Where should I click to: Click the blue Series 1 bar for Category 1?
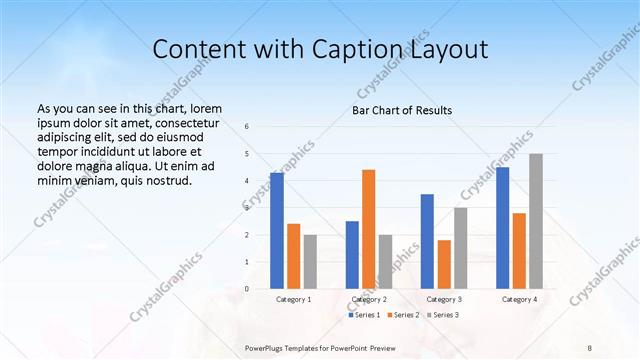[x=277, y=231]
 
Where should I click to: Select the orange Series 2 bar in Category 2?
[x=369, y=229]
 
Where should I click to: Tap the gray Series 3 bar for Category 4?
[x=536, y=221]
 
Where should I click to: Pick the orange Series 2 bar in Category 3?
[x=444, y=264]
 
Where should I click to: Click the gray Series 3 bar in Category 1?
[x=310, y=262]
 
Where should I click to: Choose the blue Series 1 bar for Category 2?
[x=352, y=255]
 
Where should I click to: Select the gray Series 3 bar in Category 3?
[x=461, y=248]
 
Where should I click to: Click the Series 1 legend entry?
[x=364, y=315]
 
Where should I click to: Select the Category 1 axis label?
[x=293, y=299]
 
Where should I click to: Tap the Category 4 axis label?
[x=519, y=299]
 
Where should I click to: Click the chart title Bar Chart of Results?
[x=402, y=110]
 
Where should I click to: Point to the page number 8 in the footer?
[x=590, y=347]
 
